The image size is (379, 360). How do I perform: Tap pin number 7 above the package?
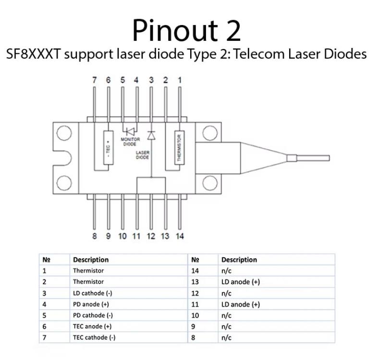click(95, 81)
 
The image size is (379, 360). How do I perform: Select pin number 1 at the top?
click(180, 81)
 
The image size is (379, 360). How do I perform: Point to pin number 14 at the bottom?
click(180, 236)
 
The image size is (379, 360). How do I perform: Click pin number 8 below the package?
click(95, 236)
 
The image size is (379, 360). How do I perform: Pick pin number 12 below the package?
click(151, 236)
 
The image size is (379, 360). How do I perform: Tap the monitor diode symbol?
click(130, 131)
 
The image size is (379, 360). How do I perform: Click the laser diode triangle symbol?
click(151, 136)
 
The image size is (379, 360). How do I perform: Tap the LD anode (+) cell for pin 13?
click(241, 282)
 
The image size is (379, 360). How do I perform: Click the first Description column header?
click(91, 260)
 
